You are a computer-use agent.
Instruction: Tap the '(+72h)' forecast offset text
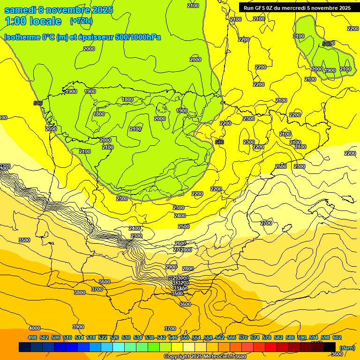[81, 21]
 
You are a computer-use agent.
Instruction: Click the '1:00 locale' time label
[33, 21]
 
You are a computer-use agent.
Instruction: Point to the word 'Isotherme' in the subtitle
[22, 37]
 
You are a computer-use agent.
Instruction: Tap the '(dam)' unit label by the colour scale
[347, 347]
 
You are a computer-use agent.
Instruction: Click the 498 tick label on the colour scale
[32, 337]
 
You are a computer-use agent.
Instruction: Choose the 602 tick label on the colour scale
[337, 337]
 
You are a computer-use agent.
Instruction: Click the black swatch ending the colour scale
[330, 347]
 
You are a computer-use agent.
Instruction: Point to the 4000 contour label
[35, 328]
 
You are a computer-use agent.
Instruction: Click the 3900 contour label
[78, 327]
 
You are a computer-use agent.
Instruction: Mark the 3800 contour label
[80, 292]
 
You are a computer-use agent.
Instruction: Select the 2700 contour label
[266, 223]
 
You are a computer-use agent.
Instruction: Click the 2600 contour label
[180, 243]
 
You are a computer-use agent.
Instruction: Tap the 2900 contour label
[171, 267]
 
